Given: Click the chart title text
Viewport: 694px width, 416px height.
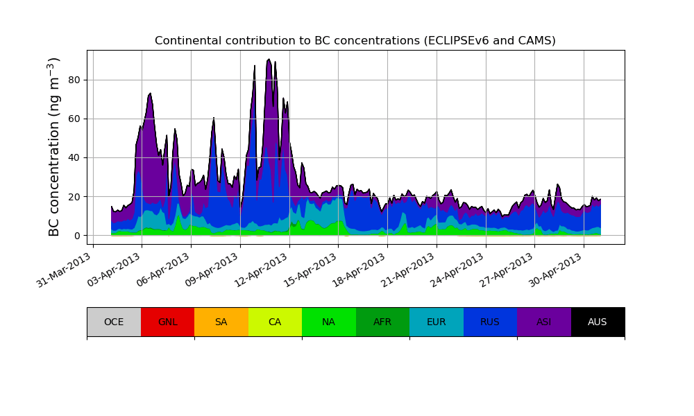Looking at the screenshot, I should point(355,41).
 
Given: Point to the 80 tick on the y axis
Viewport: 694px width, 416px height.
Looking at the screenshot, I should point(73,80).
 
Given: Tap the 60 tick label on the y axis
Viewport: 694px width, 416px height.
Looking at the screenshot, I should point(73,119).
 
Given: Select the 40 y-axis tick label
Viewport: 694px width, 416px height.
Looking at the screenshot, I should point(73,157).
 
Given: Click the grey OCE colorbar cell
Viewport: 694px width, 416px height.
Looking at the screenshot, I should point(114,322).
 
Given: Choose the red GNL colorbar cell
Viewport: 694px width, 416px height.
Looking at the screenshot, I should point(167,322).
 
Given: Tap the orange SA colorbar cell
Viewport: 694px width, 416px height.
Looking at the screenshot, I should point(221,322).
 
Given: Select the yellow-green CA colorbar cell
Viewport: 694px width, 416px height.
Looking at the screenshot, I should point(275,322).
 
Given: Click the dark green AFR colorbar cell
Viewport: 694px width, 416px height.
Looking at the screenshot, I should point(382,322).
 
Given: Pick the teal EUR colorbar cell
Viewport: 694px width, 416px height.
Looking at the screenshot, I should point(436,322).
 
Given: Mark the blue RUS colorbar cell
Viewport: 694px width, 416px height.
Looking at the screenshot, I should point(490,322).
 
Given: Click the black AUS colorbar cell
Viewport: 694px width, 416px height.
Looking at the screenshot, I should point(598,322).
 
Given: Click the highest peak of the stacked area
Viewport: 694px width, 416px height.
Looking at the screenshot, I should point(269,60).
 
